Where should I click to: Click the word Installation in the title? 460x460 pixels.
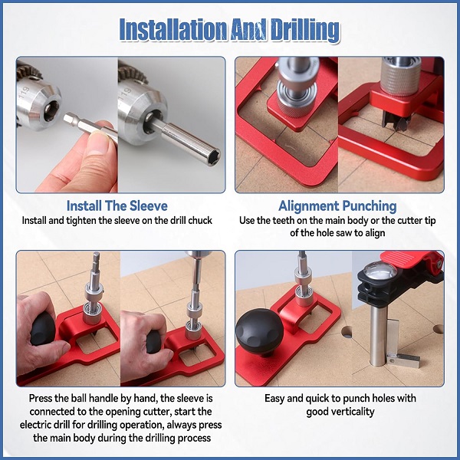click(x=173, y=30)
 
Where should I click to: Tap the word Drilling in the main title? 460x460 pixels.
click(x=305, y=31)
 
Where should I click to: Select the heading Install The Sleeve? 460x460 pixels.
click(x=117, y=205)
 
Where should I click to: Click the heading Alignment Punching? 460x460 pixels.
click(x=337, y=206)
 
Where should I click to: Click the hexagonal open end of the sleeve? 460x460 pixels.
click(x=214, y=156)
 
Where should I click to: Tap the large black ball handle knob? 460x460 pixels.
click(x=259, y=331)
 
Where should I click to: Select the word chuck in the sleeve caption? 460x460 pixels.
click(x=200, y=221)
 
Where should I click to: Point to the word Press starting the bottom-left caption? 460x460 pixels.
click(x=41, y=399)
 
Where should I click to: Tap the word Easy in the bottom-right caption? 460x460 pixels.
click(x=274, y=399)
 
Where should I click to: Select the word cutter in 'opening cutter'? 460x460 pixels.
click(x=156, y=412)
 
